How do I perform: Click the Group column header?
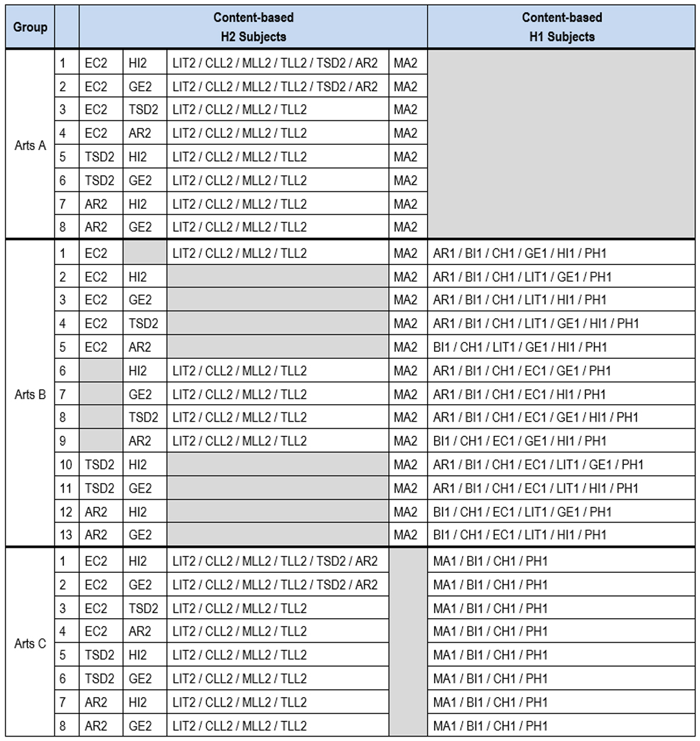point(30,27)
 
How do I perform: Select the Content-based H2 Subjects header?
point(253,27)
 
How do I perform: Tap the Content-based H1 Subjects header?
point(562,27)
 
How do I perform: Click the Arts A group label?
point(30,145)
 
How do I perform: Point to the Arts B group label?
point(30,394)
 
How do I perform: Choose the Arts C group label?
point(30,644)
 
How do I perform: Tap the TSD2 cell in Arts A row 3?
point(144,110)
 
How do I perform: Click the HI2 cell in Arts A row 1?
point(144,63)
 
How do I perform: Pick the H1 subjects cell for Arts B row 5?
point(562,347)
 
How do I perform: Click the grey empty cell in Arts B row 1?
point(144,253)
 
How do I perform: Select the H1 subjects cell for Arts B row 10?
point(562,465)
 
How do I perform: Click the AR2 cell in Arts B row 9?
point(144,441)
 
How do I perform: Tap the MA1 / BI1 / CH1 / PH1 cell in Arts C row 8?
point(562,725)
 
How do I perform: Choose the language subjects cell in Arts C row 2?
point(278,585)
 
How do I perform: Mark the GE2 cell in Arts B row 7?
point(144,394)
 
